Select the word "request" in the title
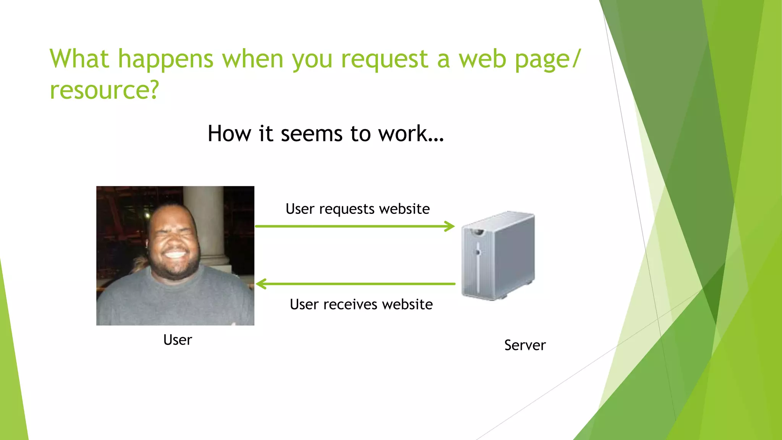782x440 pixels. point(385,60)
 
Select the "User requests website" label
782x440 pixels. point(357,209)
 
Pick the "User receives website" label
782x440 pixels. point(361,304)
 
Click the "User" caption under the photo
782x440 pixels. point(178,340)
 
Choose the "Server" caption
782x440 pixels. point(525,345)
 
